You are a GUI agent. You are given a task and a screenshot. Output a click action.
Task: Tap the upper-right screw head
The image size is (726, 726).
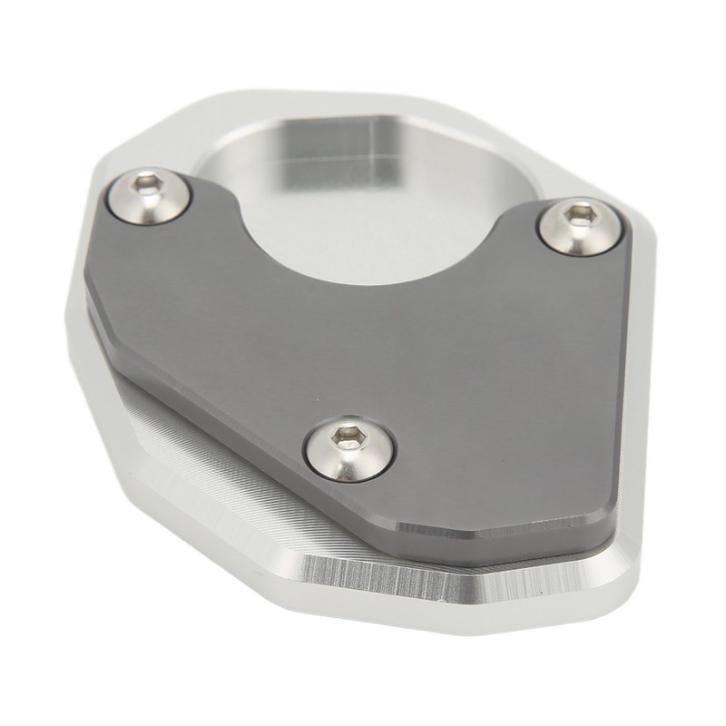click(x=574, y=224)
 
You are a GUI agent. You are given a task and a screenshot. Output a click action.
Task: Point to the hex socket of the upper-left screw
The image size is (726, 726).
click(x=149, y=187)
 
